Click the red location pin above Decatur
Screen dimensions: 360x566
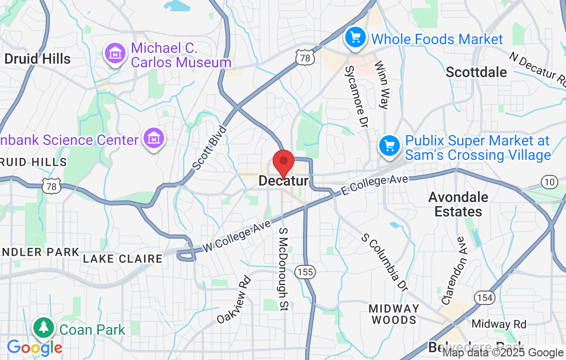(283, 162)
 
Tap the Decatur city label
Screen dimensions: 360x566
(284, 181)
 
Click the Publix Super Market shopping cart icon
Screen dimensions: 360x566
(390, 146)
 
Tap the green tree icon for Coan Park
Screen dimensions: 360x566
(44, 328)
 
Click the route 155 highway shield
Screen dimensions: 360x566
(306, 272)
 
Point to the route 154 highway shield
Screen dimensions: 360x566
(485, 297)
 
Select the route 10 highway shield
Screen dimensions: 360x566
(550, 181)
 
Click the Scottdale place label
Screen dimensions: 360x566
(476, 72)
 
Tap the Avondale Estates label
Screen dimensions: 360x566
(458, 204)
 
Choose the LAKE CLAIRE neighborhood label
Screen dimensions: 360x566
(122, 259)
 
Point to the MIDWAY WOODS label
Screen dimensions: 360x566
(394, 314)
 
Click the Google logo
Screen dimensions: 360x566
(34, 348)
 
